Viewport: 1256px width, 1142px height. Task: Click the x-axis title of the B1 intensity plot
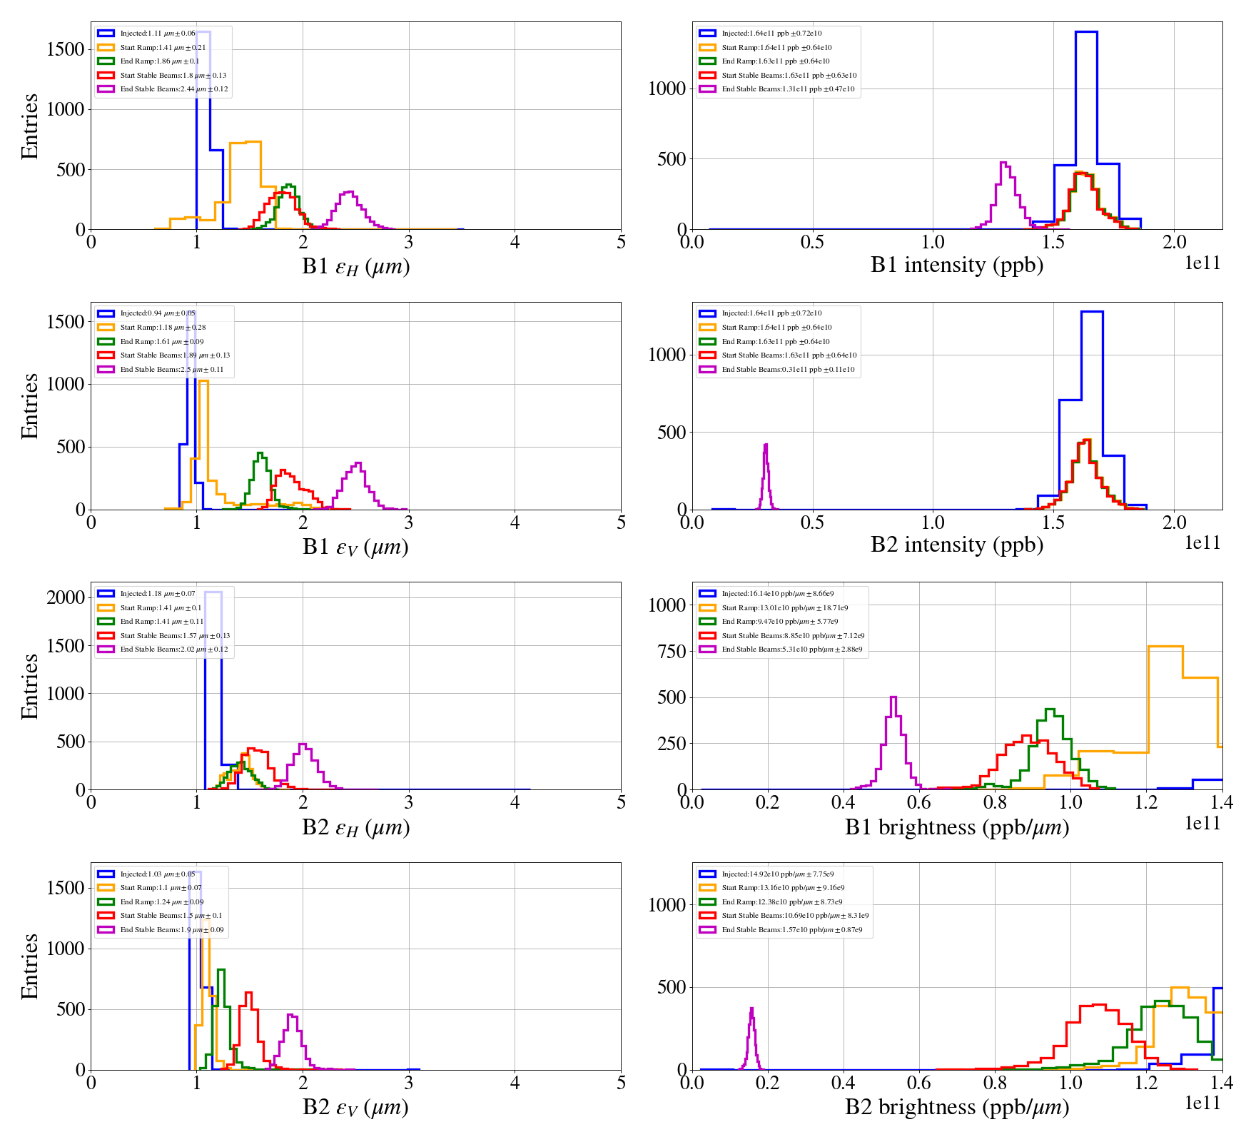tap(956, 266)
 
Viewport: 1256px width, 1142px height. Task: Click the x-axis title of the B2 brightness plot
tap(956, 1107)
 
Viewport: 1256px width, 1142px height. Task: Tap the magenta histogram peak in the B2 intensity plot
tap(766, 446)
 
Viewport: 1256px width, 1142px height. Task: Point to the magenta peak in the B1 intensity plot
tap(1004, 164)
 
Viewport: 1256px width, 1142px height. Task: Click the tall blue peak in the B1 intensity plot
tap(1085, 33)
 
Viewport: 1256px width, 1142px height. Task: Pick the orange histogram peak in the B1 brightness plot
tap(1165, 647)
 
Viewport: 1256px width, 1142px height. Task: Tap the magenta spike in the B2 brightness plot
tap(751, 1009)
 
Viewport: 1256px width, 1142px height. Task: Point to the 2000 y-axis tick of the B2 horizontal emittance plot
tap(66, 597)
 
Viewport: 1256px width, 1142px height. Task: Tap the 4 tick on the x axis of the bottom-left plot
tap(515, 1083)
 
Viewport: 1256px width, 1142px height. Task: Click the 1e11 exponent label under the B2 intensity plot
tap(1202, 543)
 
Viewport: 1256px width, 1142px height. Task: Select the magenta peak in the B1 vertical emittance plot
tap(358, 464)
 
